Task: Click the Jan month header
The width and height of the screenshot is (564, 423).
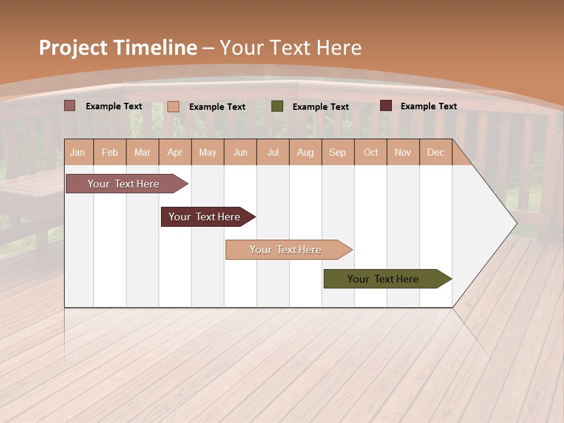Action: (78, 153)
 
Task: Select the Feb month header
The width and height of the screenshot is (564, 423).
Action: (110, 153)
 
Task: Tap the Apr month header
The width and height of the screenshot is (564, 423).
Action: (174, 153)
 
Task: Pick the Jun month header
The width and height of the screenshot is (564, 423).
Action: (240, 153)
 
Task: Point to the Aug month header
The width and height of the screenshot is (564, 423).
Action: (305, 153)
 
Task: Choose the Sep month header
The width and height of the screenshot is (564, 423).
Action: (337, 153)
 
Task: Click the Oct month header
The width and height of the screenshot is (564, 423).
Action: (371, 153)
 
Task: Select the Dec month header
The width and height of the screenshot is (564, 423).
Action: (435, 153)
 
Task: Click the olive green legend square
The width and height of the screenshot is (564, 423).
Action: (277, 106)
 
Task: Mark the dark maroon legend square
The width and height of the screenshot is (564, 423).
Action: (386, 106)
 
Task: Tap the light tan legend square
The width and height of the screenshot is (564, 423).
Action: (173, 106)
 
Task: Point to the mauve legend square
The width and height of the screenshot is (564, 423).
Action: (70, 106)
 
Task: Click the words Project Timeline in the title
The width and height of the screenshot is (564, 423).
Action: (118, 48)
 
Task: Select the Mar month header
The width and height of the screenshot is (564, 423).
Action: (142, 153)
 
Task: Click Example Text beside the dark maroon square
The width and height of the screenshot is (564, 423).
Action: (428, 106)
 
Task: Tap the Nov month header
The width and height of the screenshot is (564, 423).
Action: (403, 153)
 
